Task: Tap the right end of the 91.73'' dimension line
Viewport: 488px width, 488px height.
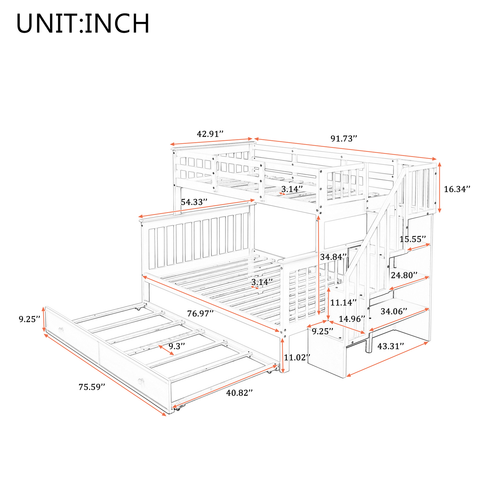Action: tap(436, 159)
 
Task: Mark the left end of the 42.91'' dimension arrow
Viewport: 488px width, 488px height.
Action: tap(171, 144)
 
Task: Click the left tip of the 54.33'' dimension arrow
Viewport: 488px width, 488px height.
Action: tap(138, 217)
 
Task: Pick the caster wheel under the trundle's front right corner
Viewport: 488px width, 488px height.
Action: tap(179, 409)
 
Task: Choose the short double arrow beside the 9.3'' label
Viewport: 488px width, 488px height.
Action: tap(166, 350)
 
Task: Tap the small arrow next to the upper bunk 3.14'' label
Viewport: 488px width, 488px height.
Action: tap(282, 194)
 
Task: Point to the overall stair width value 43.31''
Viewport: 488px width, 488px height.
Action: tap(390, 346)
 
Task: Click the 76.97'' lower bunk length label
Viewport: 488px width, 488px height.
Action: tap(200, 313)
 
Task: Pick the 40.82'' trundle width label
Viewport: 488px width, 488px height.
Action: tap(239, 392)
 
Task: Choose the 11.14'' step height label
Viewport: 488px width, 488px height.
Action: tap(343, 302)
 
